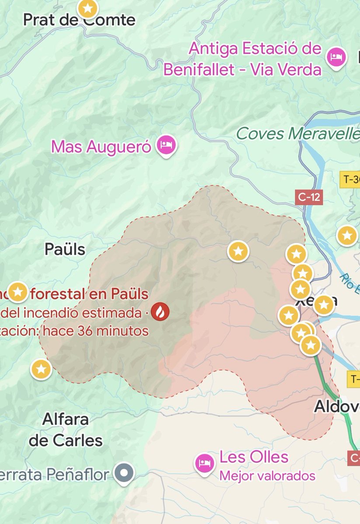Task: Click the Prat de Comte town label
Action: tap(79, 20)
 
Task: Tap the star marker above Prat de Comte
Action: tap(88, 8)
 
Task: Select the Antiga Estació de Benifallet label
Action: tap(255, 48)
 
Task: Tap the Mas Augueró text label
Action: tap(101, 147)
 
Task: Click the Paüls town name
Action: tap(65, 249)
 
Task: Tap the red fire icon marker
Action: tap(159, 312)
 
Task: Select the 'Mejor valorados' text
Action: tap(267, 475)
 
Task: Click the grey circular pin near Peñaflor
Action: tap(124, 473)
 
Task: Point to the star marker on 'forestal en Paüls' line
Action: tap(18, 292)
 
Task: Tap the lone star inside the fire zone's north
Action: tap(238, 251)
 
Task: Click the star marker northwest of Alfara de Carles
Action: tap(41, 369)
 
